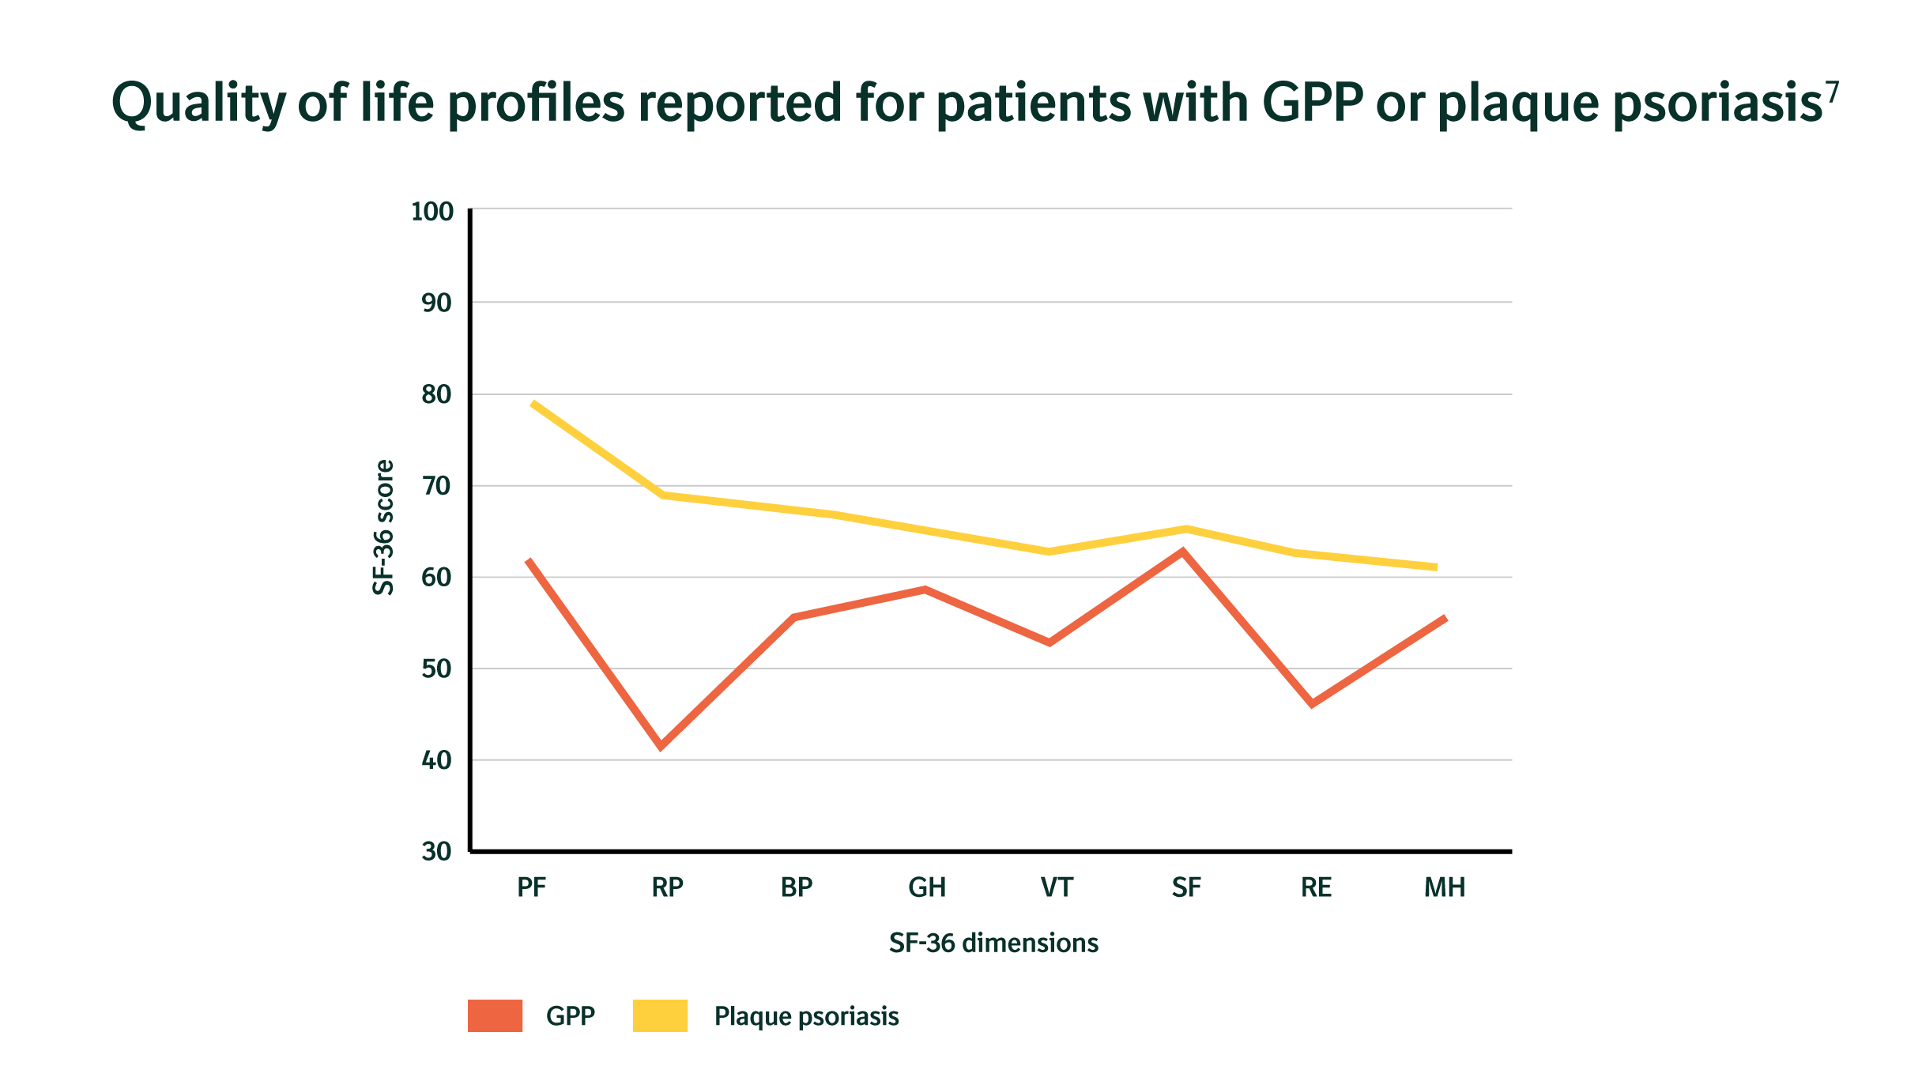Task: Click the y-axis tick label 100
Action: point(432,212)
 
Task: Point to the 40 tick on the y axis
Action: point(436,760)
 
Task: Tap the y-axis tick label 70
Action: point(436,486)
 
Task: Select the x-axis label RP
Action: point(667,887)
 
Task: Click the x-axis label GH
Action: point(927,887)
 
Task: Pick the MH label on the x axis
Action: point(1445,887)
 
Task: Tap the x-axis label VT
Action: point(1057,887)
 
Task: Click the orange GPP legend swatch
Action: point(495,1015)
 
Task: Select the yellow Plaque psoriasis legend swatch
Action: point(660,1015)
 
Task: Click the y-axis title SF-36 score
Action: point(383,527)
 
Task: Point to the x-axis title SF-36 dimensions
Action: point(993,943)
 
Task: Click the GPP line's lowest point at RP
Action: point(661,746)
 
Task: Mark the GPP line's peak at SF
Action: point(1183,551)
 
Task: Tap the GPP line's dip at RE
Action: point(1312,703)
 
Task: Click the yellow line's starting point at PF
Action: point(533,403)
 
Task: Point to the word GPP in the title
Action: point(1312,103)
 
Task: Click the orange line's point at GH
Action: point(925,589)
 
